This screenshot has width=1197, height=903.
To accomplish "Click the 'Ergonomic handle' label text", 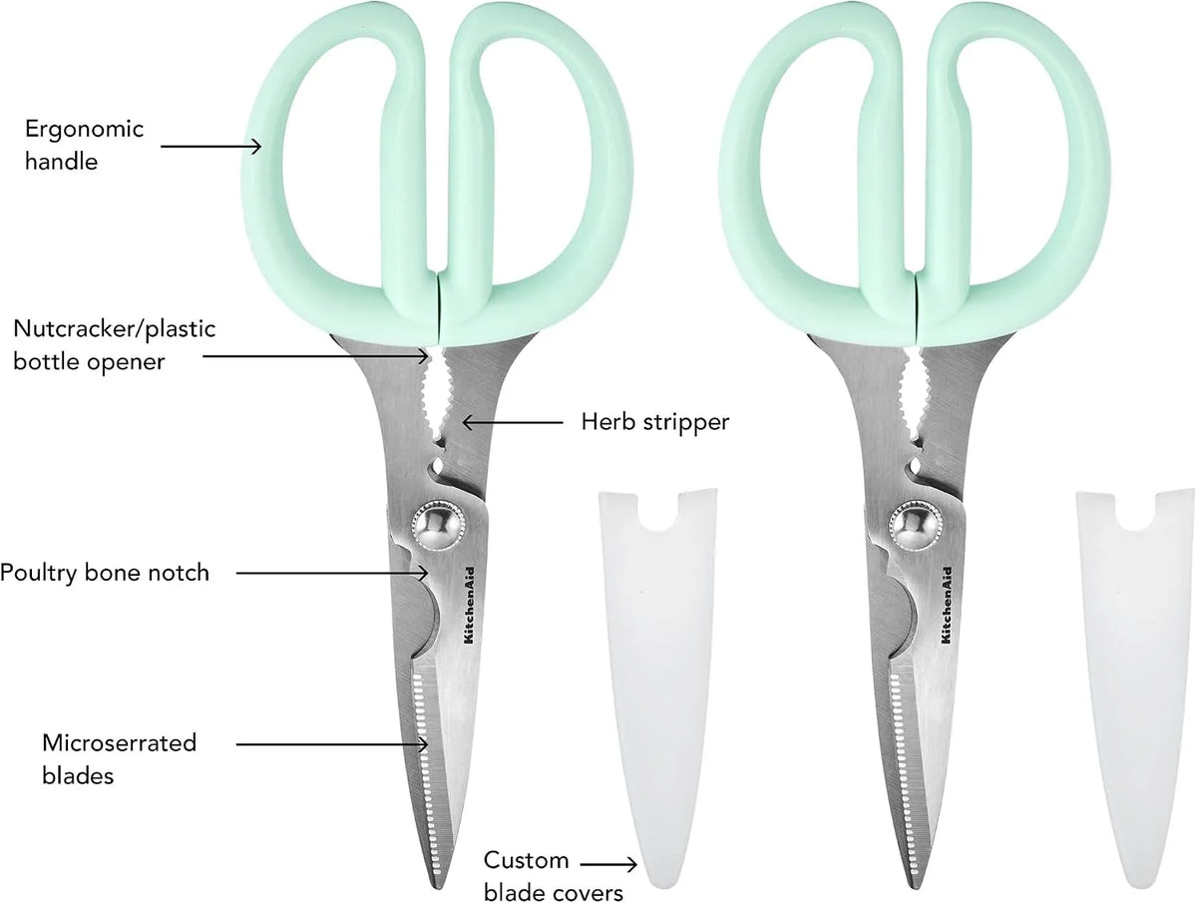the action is [85, 145].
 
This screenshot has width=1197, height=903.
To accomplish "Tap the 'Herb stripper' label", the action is [655, 422].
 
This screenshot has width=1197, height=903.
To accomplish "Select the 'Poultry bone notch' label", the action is [105, 573].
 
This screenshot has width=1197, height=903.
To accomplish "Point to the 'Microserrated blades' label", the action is [120, 759].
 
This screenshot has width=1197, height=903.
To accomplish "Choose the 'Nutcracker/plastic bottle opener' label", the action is [115, 345].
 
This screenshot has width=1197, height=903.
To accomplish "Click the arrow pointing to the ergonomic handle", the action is [211, 146].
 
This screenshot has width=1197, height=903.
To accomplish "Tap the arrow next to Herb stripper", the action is [513, 422].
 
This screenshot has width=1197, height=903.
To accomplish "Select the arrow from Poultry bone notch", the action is [332, 573].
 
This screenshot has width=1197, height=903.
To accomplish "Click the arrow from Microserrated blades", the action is [332, 744].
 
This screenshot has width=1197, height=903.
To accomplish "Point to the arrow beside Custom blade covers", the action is [608, 864].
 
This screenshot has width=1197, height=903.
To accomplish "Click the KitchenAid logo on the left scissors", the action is [469, 606].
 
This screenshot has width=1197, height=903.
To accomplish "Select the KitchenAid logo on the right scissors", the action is [946, 606].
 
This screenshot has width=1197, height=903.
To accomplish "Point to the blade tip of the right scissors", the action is [915, 887].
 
